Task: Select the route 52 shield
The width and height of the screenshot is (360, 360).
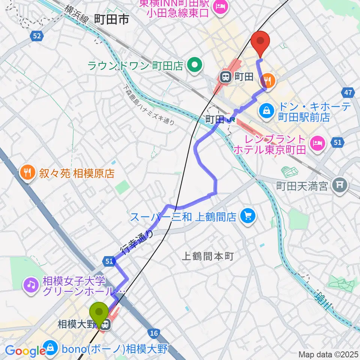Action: point(36,36)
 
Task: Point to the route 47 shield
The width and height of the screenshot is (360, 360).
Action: point(347,92)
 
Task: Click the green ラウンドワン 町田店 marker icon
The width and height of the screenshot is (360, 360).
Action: point(195,66)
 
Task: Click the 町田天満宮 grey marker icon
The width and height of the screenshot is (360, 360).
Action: point(341,185)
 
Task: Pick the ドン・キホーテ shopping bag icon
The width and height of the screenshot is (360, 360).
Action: point(266,110)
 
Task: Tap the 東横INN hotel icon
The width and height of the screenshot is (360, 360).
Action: point(219,6)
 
